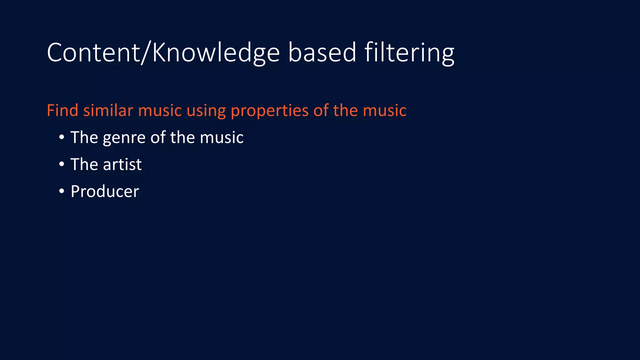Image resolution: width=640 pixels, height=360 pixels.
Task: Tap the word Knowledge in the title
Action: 216,52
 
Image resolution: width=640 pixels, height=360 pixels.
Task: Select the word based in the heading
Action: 322,52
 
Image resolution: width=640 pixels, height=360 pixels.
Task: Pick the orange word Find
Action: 62,110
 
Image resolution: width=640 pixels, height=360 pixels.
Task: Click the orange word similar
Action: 108,110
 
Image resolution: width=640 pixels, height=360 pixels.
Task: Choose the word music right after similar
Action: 160,110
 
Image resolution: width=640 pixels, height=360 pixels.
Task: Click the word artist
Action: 122,164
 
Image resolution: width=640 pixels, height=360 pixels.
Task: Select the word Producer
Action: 105,192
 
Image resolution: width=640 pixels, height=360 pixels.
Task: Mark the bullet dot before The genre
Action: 62,137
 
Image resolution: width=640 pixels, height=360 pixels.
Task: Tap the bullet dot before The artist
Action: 62,164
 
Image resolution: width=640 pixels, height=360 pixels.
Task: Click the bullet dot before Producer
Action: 62,191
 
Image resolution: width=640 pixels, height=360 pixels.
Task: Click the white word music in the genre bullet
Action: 222,137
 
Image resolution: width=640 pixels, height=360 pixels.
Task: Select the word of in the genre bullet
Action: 158,137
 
